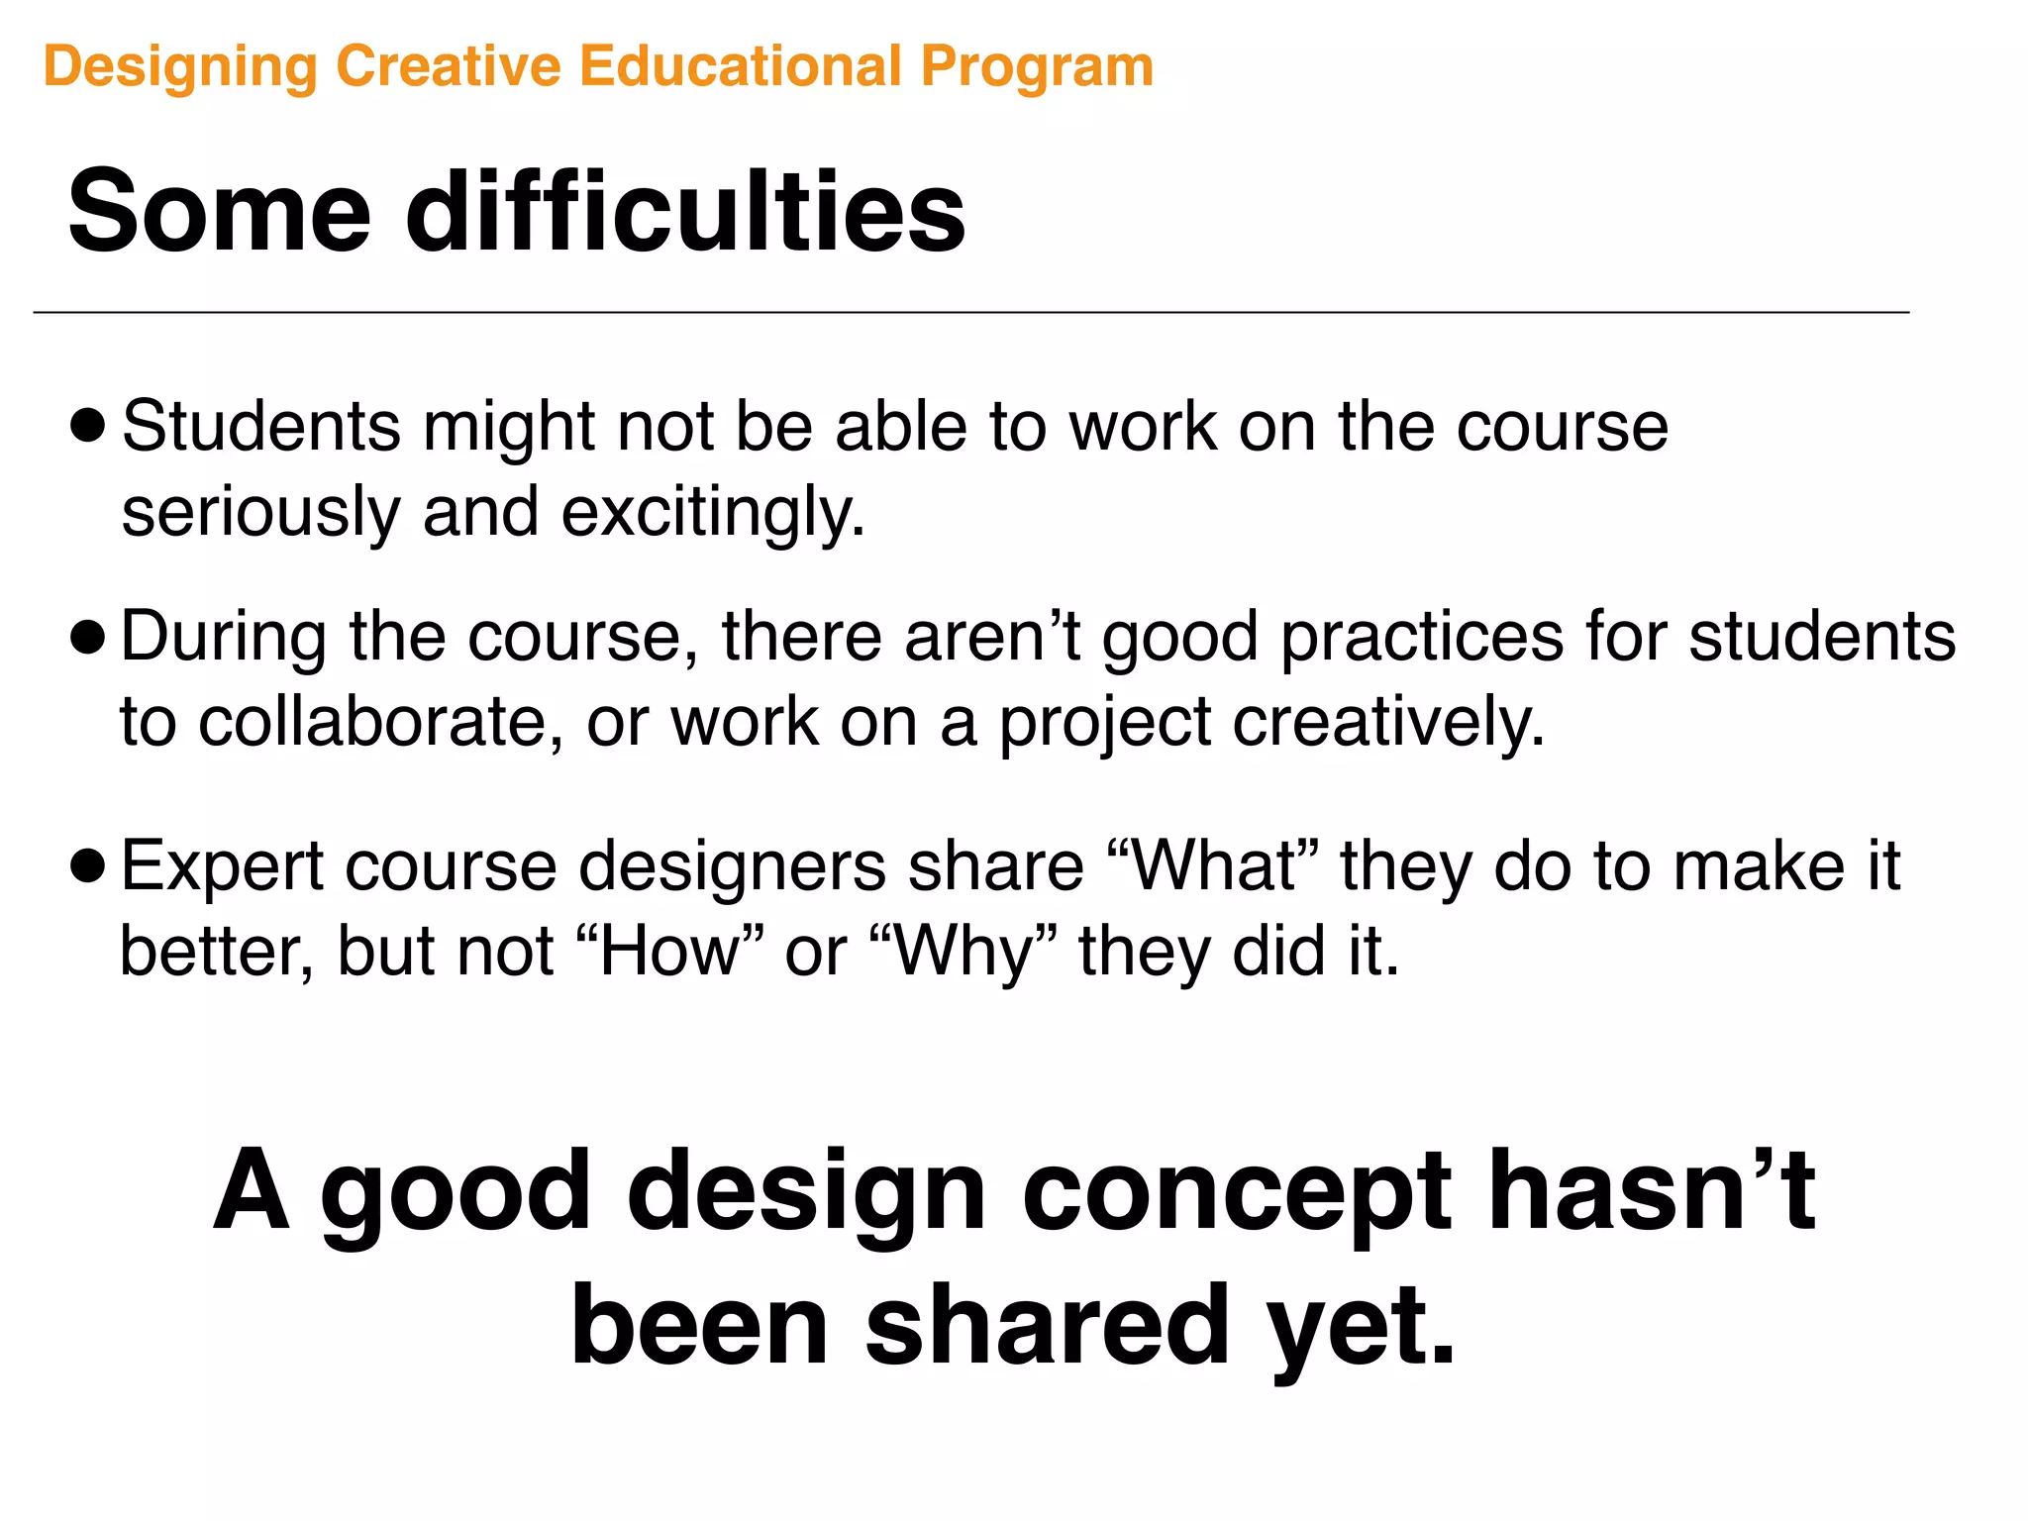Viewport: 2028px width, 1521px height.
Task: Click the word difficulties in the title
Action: (685, 211)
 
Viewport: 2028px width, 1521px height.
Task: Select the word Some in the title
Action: (219, 211)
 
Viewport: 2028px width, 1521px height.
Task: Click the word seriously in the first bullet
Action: (260, 513)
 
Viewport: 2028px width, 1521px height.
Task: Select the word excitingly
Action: (713, 513)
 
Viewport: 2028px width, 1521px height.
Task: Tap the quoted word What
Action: (1213, 865)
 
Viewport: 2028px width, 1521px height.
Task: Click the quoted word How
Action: (670, 951)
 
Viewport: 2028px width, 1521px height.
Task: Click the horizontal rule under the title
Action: (970, 313)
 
